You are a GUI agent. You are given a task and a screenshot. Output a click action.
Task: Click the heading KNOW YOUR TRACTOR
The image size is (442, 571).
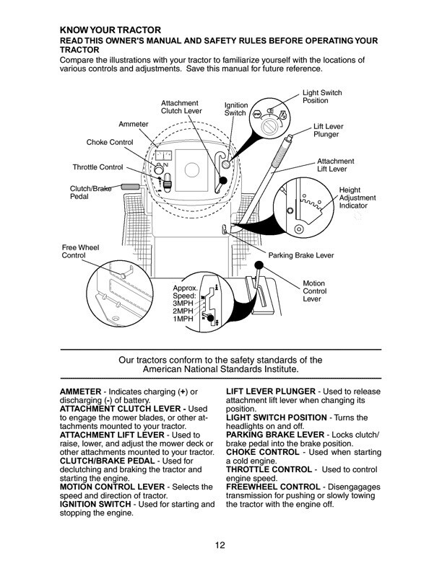pos(110,30)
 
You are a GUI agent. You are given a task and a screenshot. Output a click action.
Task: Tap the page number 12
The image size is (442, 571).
pos(220,545)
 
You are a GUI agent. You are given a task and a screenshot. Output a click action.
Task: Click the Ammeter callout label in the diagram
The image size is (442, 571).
pos(134,124)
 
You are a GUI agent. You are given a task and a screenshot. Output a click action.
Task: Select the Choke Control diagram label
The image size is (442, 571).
pos(110,142)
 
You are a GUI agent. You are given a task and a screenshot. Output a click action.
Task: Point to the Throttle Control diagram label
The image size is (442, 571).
pos(97,167)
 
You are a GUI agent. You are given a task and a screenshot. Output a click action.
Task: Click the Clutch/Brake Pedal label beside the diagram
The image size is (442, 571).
pos(90,192)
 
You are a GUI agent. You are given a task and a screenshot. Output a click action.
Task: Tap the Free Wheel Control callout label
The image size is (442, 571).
pos(80,252)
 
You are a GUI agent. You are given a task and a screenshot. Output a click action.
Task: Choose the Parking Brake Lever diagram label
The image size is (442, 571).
pos(301,255)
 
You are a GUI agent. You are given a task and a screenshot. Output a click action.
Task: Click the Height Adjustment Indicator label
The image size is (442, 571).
pos(357,198)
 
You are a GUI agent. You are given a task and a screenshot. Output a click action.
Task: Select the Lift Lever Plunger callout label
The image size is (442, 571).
pos(328,130)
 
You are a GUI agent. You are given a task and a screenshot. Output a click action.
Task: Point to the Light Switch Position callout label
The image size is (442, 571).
pos(322,97)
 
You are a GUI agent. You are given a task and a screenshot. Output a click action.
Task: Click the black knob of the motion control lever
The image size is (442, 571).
pos(259,265)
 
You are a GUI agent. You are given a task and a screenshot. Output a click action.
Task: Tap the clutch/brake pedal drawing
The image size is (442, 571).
pos(130,187)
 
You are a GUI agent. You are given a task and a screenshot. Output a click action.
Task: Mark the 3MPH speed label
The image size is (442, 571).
pos(183,304)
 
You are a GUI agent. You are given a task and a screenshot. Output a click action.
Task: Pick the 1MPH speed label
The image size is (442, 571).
pos(183,319)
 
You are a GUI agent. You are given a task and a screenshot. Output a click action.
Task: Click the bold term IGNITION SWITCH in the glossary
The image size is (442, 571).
pos(95,505)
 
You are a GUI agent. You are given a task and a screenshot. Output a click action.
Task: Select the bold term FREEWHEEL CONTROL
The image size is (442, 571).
pos(273,487)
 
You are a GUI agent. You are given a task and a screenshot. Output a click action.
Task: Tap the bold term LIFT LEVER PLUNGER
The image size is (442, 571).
pos(271,391)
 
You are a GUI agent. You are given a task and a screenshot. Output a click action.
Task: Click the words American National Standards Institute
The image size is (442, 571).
pos(220,369)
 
